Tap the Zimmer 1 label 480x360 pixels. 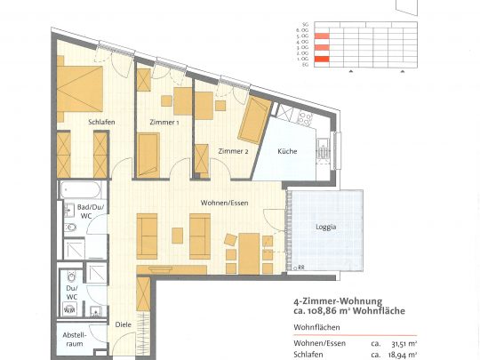click(x=165, y=123)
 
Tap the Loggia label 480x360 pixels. click(x=326, y=227)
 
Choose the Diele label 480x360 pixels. click(x=123, y=324)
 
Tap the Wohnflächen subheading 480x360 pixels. click(x=316, y=327)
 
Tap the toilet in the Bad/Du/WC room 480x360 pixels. click(x=71, y=230)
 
